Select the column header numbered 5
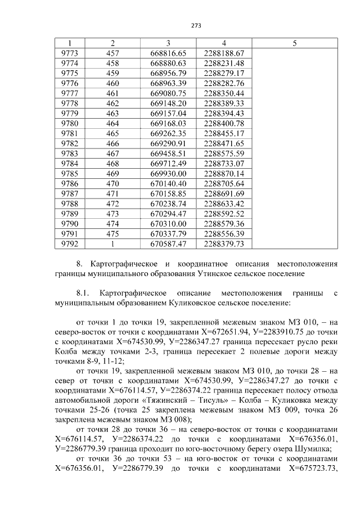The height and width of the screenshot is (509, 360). click(295, 43)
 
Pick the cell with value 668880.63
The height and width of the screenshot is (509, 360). click(168, 62)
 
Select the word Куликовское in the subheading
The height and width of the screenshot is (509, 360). click(192, 303)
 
